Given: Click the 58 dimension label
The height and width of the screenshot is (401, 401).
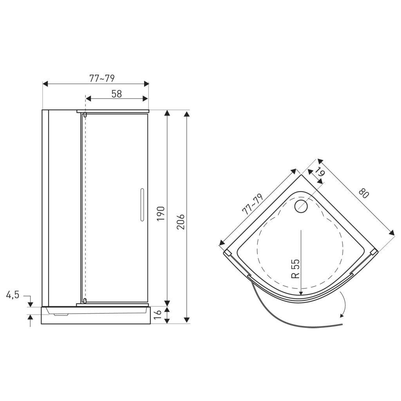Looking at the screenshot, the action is point(117,94).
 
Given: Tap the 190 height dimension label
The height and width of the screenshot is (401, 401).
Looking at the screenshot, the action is point(161,214).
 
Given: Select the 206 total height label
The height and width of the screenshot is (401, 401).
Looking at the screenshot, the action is point(181,222).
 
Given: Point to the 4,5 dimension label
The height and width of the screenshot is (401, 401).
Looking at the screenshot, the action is point(13,295).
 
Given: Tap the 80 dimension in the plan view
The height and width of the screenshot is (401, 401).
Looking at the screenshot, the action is point(364,193).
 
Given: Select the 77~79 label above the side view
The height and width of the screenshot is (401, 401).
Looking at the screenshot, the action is point(102,78).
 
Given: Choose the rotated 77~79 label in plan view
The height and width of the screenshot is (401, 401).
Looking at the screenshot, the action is point(253,204).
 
